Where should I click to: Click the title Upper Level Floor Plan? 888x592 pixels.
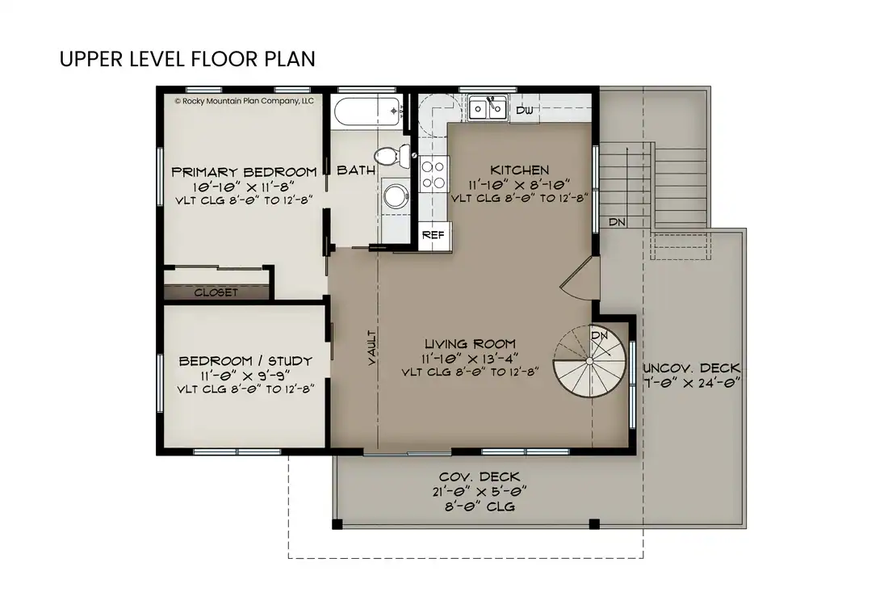point(186,60)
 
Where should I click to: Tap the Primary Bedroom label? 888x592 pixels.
point(244,172)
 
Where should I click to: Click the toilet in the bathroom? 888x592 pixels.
point(391,155)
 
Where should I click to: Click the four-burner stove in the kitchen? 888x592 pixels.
point(434,174)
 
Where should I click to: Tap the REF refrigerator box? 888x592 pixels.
point(434,235)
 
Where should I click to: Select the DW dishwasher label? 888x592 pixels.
point(525,110)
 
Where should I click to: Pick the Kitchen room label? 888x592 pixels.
point(520,170)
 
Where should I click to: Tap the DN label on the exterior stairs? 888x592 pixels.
point(618,221)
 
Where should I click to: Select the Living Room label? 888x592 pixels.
point(469,344)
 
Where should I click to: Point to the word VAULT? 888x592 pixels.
point(371,348)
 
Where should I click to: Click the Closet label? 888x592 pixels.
point(216,292)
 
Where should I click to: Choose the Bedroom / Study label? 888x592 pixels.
point(245,361)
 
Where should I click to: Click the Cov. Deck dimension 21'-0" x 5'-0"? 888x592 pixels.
point(480,491)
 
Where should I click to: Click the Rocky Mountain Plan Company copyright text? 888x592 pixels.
point(244,101)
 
